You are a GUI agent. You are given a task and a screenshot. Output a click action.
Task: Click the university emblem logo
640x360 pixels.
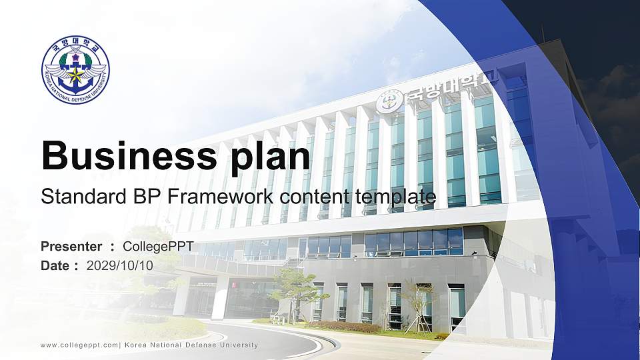(x=75, y=70)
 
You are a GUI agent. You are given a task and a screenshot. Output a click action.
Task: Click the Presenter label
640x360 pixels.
(x=71, y=247)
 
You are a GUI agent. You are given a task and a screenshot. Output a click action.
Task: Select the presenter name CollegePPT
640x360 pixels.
(x=158, y=247)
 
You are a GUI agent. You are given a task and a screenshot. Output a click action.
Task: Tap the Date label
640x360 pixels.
(x=55, y=265)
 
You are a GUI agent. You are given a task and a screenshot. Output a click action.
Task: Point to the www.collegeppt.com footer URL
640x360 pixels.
(x=79, y=345)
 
